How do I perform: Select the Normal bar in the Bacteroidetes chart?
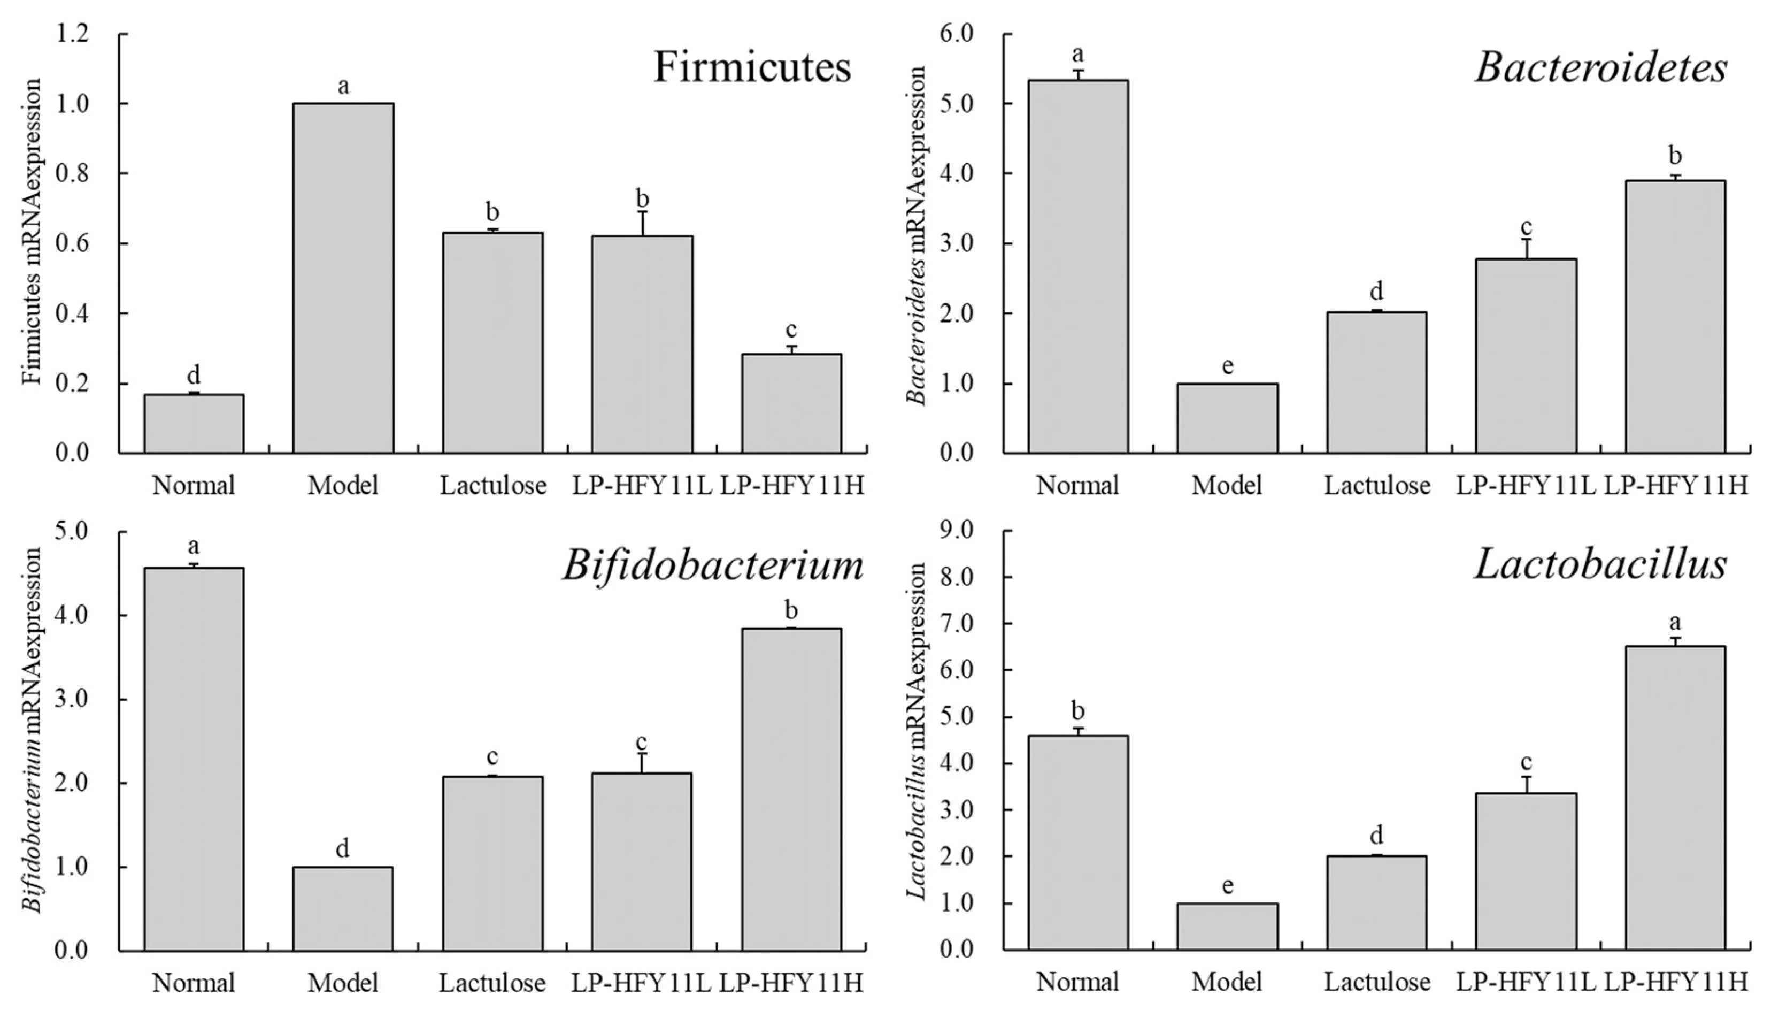[x=1077, y=266]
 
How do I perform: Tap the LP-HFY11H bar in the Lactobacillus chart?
[x=1675, y=798]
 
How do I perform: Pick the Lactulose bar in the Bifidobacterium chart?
[x=492, y=863]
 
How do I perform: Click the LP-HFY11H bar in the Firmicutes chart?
[x=791, y=403]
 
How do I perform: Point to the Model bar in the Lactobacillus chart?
[x=1227, y=927]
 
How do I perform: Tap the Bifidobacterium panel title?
[x=713, y=565]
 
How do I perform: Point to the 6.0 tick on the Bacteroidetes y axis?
[x=957, y=34]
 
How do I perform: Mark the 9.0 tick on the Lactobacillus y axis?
[x=957, y=531]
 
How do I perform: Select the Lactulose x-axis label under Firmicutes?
[x=492, y=485]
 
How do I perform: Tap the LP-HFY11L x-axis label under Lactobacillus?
[x=1526, y=982]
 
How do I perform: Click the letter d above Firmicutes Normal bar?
[x=194, y=376]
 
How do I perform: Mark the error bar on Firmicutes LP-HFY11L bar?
[x=642, y=223]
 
